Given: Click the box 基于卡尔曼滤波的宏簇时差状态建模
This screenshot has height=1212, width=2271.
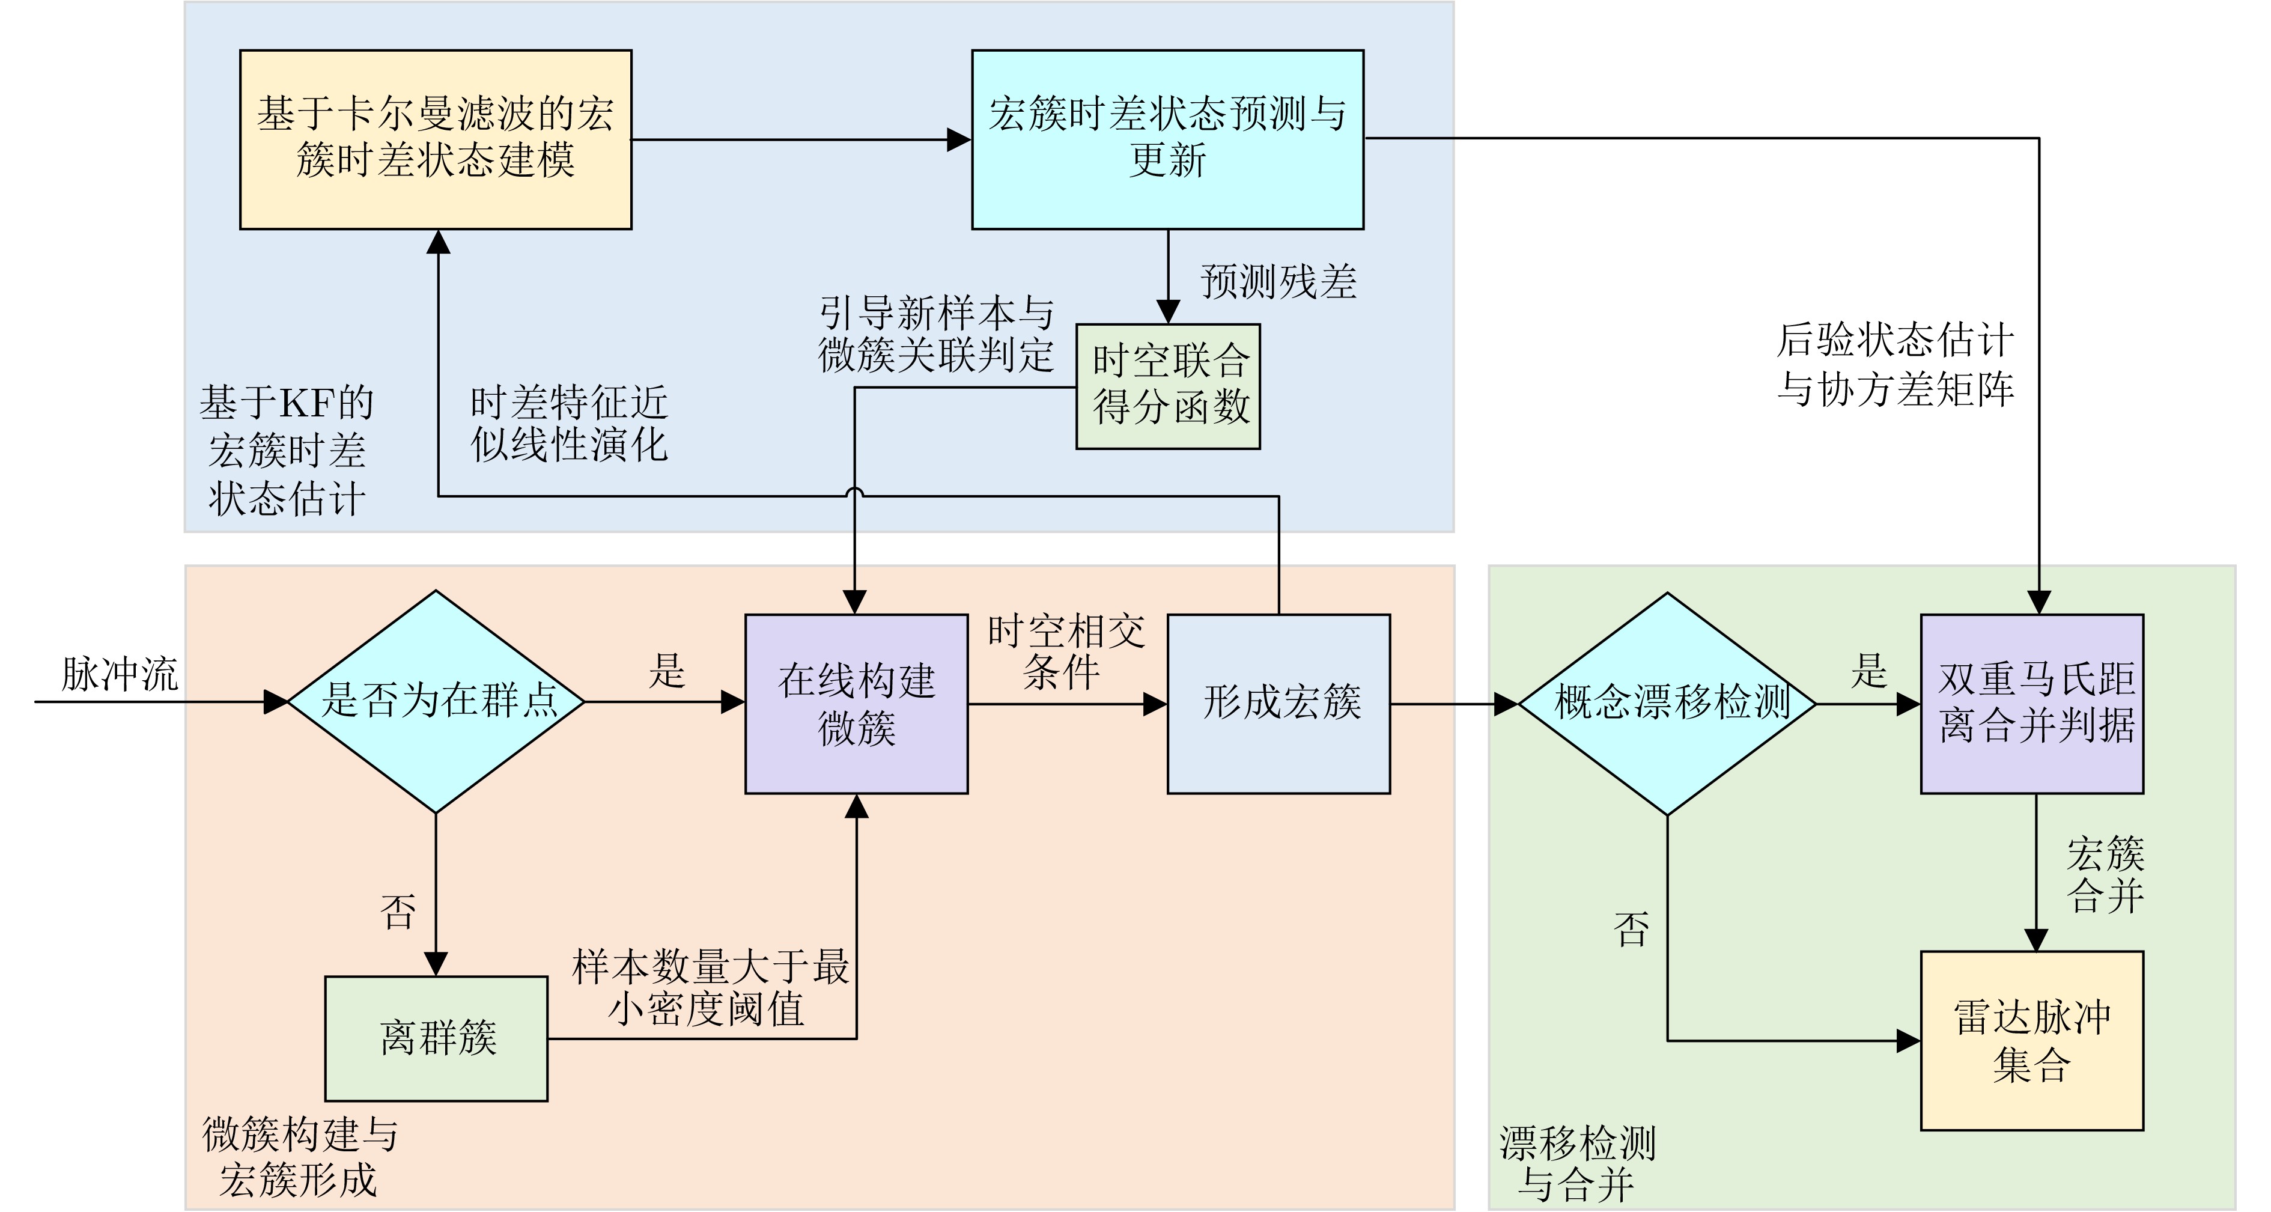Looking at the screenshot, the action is (436, 139).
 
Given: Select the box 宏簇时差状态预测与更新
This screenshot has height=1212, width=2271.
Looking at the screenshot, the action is (1167, 139).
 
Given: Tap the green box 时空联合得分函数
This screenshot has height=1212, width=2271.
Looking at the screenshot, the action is (1167, 386).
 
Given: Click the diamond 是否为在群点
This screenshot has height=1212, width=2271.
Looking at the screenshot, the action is (436, 702).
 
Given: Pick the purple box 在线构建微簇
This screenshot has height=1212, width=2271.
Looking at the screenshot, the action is (856, 704).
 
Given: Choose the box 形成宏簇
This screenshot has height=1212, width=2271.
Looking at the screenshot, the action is (1278, 704).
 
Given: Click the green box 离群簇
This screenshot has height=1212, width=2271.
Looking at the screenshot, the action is (436, 1038).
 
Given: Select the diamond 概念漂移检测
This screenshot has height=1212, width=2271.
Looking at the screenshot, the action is (1667, 704).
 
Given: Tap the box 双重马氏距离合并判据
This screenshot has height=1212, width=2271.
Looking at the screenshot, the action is (2032, 704).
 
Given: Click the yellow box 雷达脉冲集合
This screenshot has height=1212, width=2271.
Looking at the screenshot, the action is (2032, 1040).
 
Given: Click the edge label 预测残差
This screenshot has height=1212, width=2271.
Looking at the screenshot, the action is (1278, 282).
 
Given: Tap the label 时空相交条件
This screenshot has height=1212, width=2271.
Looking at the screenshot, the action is (1066, 653).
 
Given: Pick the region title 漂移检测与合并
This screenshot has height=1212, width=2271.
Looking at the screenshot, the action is (1577, 1163).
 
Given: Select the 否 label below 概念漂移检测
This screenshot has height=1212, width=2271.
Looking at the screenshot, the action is (1631, 929).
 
